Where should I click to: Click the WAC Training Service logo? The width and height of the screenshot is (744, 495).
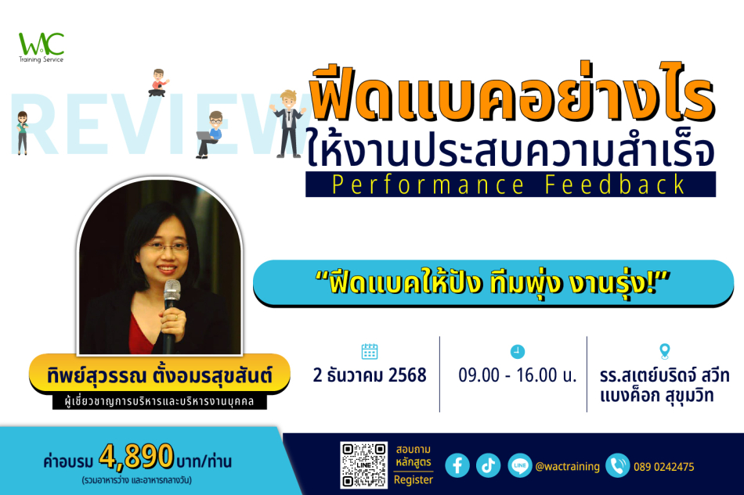[42, 48]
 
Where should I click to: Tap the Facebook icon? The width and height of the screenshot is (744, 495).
[457, 465]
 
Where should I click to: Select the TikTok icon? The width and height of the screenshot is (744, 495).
[488, 465]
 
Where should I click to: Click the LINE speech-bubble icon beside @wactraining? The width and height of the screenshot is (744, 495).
[519, 465]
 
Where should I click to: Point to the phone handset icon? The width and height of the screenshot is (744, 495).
[617, 465]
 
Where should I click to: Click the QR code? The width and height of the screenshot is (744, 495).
[363, 465]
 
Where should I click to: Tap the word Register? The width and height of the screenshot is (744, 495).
[414, 480]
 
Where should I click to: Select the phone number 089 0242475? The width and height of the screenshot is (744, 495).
[664, 467]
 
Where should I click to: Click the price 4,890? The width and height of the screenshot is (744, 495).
[136, 456]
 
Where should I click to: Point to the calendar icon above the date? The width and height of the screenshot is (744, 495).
[369, 351]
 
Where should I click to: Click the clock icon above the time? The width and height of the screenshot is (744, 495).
[517, 351]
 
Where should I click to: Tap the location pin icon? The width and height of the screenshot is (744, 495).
[665, 351]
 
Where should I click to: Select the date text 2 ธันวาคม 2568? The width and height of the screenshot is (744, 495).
[370, 375]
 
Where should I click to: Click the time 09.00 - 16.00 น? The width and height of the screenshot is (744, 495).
[517, 375]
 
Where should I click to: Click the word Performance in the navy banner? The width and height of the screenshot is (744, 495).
[428, 185]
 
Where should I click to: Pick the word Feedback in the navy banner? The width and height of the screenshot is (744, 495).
[615, 185]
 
